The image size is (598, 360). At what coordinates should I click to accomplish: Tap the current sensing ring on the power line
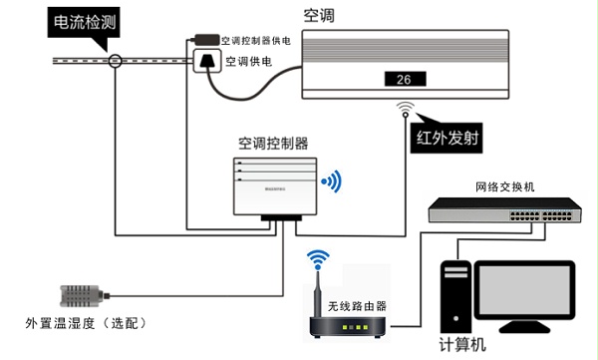click(117, 62)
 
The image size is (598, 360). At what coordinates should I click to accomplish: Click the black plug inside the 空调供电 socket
click(206, 62)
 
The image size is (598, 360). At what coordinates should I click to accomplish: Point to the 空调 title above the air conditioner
click(319, 14)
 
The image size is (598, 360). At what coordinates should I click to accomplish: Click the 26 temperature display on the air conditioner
click(404, 80)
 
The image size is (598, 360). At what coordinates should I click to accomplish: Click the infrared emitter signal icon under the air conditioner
click(405, 108)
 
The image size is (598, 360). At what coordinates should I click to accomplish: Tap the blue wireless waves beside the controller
click(331, 180)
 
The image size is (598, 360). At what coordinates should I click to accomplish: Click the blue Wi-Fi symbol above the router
click(318, 259)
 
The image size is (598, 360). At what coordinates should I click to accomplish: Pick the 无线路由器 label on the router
click(346, 306)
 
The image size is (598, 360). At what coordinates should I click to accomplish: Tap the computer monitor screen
click(524, 296)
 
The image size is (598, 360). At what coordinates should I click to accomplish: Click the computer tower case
click(456, 296)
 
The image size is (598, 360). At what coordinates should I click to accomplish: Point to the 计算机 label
click(463, 345)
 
